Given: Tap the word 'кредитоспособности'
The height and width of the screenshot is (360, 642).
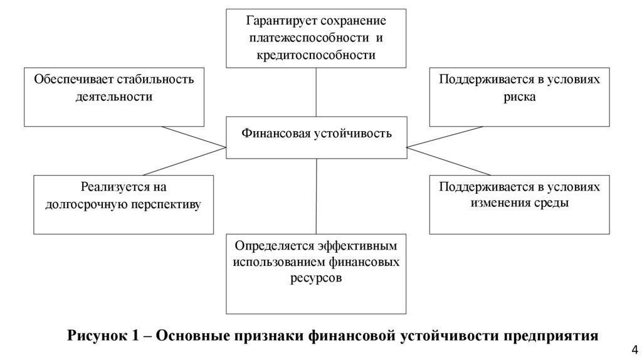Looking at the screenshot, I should tap(316, 55).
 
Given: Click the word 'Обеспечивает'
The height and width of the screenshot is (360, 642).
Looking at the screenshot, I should tap(68, 79).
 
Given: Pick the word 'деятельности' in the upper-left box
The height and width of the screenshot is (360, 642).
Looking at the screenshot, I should tap(113, 97).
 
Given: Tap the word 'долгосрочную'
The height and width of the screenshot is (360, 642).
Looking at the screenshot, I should tap(85, 204).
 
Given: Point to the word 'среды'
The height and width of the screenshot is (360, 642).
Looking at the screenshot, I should tap(552, 203).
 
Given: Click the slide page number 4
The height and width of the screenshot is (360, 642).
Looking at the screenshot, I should tap(633, 350).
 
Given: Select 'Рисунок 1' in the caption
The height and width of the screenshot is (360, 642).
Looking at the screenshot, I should tap(103, 335).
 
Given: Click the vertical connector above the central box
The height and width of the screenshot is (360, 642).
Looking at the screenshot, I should tap(316, 92).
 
